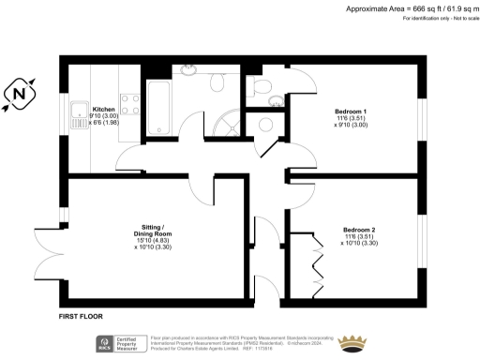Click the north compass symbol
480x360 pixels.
click(20, 94)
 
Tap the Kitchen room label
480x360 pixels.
click(103, 109)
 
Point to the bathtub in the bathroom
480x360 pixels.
click(156, 107)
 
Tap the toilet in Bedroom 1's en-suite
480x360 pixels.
click(274, 99)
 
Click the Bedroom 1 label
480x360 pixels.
click(351, 112)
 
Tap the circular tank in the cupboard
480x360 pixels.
click(265, 124)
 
